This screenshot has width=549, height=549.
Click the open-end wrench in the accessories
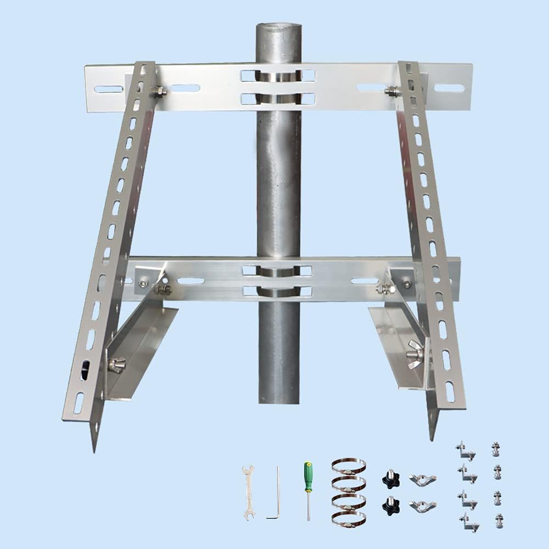(x=248, y=492)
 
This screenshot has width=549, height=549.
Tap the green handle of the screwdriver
(x=309, y=477)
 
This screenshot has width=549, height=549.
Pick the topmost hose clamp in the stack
(x=349, y=467)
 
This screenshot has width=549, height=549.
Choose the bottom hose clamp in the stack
(x=349, y=518)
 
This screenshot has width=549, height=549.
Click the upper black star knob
(x=391, y=479)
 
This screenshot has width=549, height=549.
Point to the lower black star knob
(x=391, y=505)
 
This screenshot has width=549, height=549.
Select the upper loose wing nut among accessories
(x=422, y=480)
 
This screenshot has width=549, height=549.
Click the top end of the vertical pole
(x=279, y=27)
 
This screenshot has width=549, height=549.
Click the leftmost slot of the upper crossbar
(x=108, y=89)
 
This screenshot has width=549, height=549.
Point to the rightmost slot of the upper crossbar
(x=449, y=88)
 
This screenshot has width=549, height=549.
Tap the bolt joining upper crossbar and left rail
(x=159, y=91)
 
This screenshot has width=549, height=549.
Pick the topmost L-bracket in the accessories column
(x=465, y=451)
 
